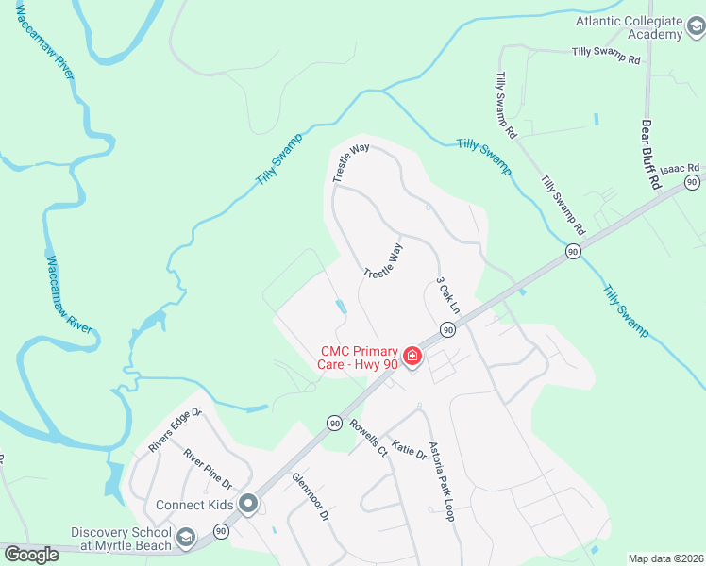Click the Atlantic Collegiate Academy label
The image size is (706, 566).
[630, 27]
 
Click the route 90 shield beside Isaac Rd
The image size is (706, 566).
[692, 181]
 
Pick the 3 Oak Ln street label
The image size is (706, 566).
[447, 295]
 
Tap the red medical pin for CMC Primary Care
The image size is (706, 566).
[412, 356]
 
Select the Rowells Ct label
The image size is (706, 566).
[369, 438]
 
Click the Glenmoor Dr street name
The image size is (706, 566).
[310, 497]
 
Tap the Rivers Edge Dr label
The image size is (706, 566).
[176, 429]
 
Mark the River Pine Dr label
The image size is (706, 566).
[208, 469]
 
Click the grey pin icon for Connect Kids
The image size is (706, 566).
[248, 505]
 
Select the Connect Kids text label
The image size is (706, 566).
[194, 505]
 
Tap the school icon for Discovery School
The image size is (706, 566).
[186, 538]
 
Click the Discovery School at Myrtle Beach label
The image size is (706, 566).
[121, 538]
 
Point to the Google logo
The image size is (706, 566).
[31, 555]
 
